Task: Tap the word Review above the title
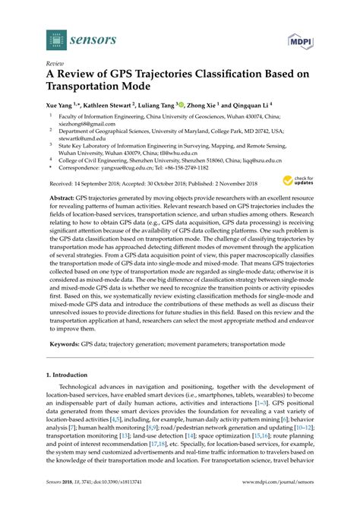tap(55, 65)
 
